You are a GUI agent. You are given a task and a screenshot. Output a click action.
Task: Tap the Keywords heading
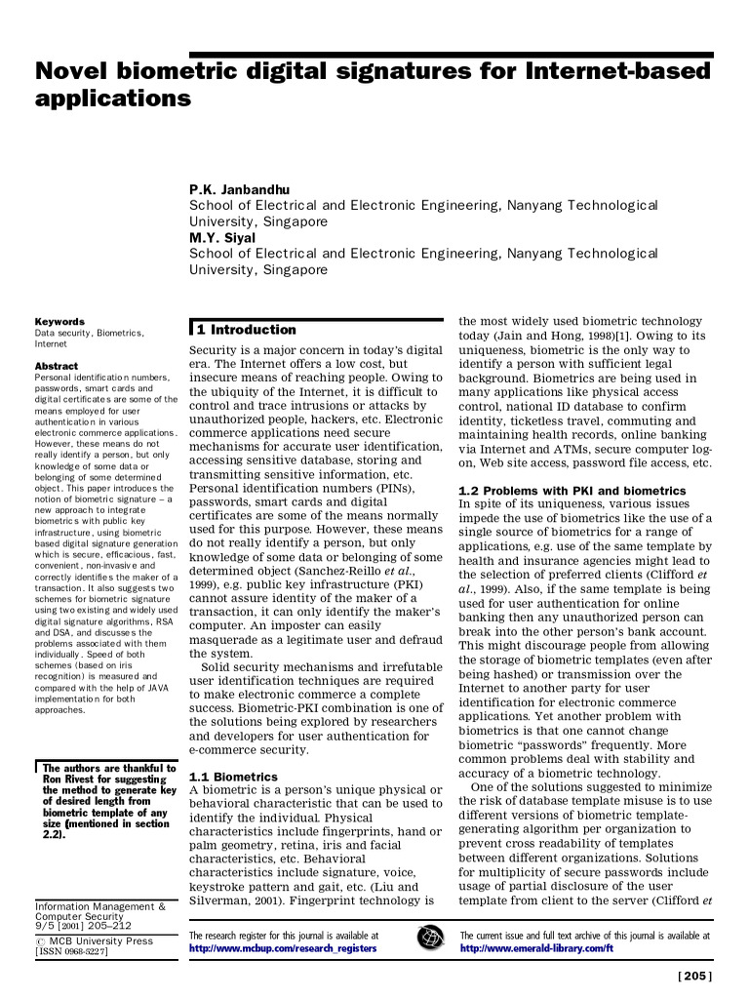[x=59, y=321]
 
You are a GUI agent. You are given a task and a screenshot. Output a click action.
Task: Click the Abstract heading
[x=56, y=366]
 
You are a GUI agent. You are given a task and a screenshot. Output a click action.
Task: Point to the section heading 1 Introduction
[x=246, y=330]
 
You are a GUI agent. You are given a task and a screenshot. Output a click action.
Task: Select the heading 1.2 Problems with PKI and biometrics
[x=572, y=490]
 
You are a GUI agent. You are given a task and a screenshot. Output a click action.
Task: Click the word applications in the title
[x=112, y=99]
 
